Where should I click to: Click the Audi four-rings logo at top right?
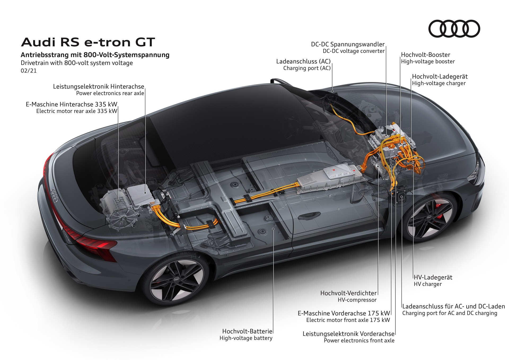tap(454, 29)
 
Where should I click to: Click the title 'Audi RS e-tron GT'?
tap(88, 42)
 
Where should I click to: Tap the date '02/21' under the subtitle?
tap(29, 71)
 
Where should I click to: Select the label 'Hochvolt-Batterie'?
tap(247, 331)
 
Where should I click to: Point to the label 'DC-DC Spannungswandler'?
tap(348, 44)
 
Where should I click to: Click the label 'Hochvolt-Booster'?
tap(425, 55)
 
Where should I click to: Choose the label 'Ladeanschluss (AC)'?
tap(303, 62)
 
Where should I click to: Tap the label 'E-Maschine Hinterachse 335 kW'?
tap(71, 104)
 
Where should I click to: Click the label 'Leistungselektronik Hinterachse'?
tap(98, 86)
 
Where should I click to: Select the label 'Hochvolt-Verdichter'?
tap(348, 293)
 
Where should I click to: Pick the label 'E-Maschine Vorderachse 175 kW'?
tap(344, 313)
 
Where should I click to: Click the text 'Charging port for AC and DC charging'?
tap(450, 313)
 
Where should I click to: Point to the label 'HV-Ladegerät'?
tap(433, 277)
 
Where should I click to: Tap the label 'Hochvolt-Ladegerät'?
tap(440, 77)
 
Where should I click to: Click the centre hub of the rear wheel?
tap(177, 280)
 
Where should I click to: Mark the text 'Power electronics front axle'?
tap(359, 340)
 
